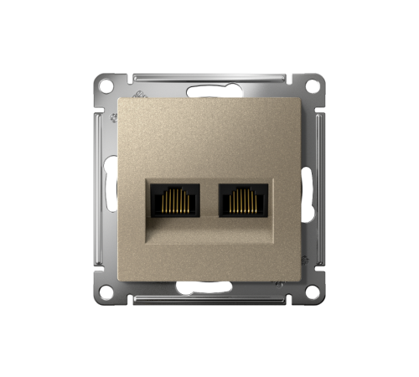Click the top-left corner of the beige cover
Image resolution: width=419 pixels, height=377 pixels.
(x=122, y=99)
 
